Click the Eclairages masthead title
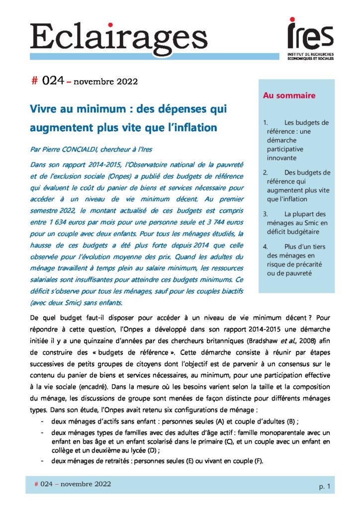tap(118, 36)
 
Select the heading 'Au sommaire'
tap(289, 95)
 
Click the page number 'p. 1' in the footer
tap(324, 487)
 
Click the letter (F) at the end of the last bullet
tap(258, 461)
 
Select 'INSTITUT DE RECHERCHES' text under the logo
tap(311, 53)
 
